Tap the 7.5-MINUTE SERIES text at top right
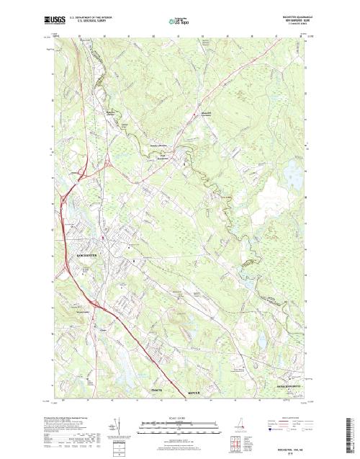290,24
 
